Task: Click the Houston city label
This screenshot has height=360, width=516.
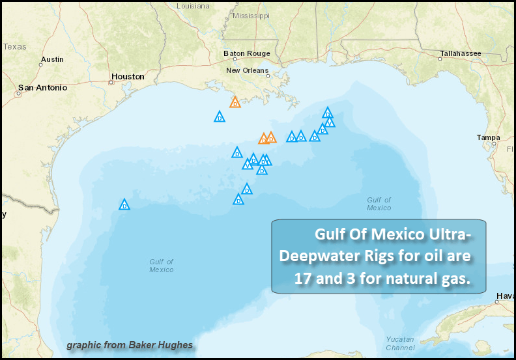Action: coord(128,76)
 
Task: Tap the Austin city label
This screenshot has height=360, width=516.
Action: coord(52,59)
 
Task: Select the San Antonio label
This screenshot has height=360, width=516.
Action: coord(42,87)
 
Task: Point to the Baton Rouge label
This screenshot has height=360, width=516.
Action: coord(246,53)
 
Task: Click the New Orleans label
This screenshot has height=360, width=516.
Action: coord(247,70)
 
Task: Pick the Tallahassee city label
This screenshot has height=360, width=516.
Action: coord(460,53)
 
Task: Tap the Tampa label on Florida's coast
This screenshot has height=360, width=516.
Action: coord(488,137)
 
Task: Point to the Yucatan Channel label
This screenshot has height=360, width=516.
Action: coord(399,343)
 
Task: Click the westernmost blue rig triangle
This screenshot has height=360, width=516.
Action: coord(124,205)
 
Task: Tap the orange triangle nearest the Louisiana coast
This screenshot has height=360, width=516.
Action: coord(235,102)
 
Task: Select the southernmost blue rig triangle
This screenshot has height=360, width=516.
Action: coord(238,200)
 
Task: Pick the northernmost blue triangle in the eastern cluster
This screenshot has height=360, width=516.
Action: coord(328,113)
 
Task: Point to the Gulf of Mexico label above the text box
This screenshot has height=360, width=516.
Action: coord(379,204)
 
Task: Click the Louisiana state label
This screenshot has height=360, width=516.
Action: coord(193,5)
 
